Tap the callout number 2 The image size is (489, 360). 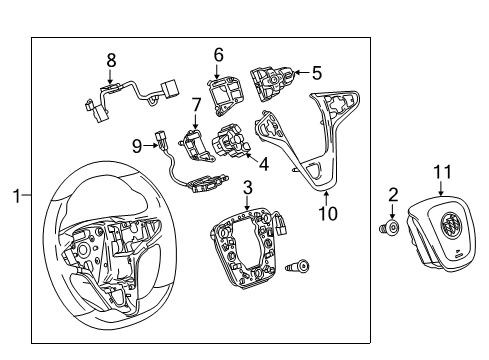click(394, 194)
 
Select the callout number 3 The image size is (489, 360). click(247, 186)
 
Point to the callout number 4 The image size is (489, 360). click(263, 163)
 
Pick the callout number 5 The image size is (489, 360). click(316, 72)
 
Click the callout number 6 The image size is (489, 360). click(218, 56)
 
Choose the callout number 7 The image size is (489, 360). click(197, 105)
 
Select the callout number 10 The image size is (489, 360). click(322, 213)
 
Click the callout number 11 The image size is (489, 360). click(442, 172)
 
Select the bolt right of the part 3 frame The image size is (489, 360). click(297, 267)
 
